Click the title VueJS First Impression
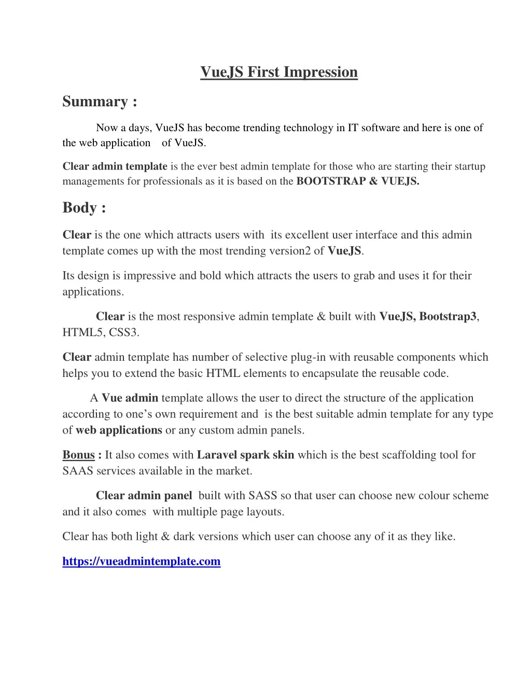[x=279, y=72]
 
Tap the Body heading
[x=84, y=208]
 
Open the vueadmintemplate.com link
[x=141, y=562]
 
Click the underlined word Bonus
[x=78, y=455]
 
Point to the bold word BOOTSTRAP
[x=331, y=181]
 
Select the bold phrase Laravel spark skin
[x=245, y=455]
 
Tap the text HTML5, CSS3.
[x=101, y=333]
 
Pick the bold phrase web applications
[x=119, y=430]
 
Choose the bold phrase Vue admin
[x=130, y=398]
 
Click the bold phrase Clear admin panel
[x=144, y=496]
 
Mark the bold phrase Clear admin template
[x=115, y=166]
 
